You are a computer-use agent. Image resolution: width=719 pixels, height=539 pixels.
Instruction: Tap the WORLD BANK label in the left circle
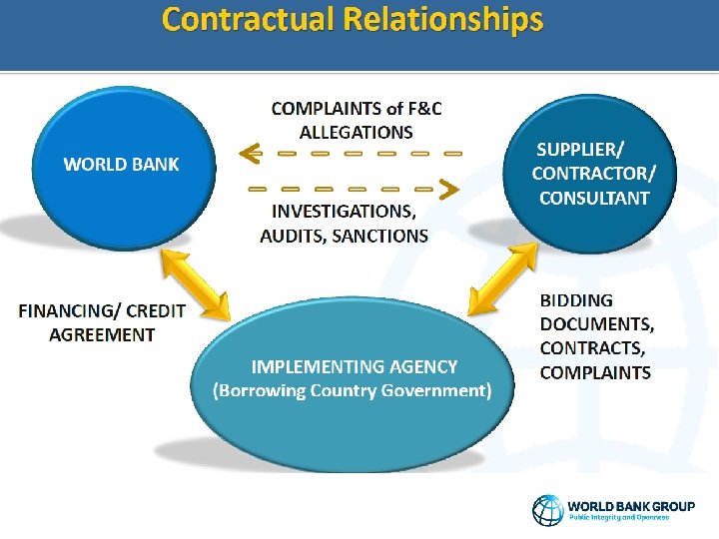tap(122, 164)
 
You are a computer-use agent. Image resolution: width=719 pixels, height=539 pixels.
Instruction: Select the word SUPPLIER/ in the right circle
tap(580, 150)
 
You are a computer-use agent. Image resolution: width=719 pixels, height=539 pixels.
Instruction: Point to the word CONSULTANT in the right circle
tap(593, 198)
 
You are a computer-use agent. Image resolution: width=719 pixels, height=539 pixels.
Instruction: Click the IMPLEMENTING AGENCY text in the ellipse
tap(354, 366)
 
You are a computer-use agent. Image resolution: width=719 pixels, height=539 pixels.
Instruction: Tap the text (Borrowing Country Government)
tap(353, 390)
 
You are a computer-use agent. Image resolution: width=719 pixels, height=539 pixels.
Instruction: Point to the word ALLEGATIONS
tap(356, 132)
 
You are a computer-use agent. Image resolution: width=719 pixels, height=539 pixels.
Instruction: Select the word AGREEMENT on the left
tap(102, 334)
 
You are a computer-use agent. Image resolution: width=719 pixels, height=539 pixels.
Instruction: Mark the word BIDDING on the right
tap(576, 299)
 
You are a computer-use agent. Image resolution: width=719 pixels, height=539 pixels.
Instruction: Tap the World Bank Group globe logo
tap(547, 510)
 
